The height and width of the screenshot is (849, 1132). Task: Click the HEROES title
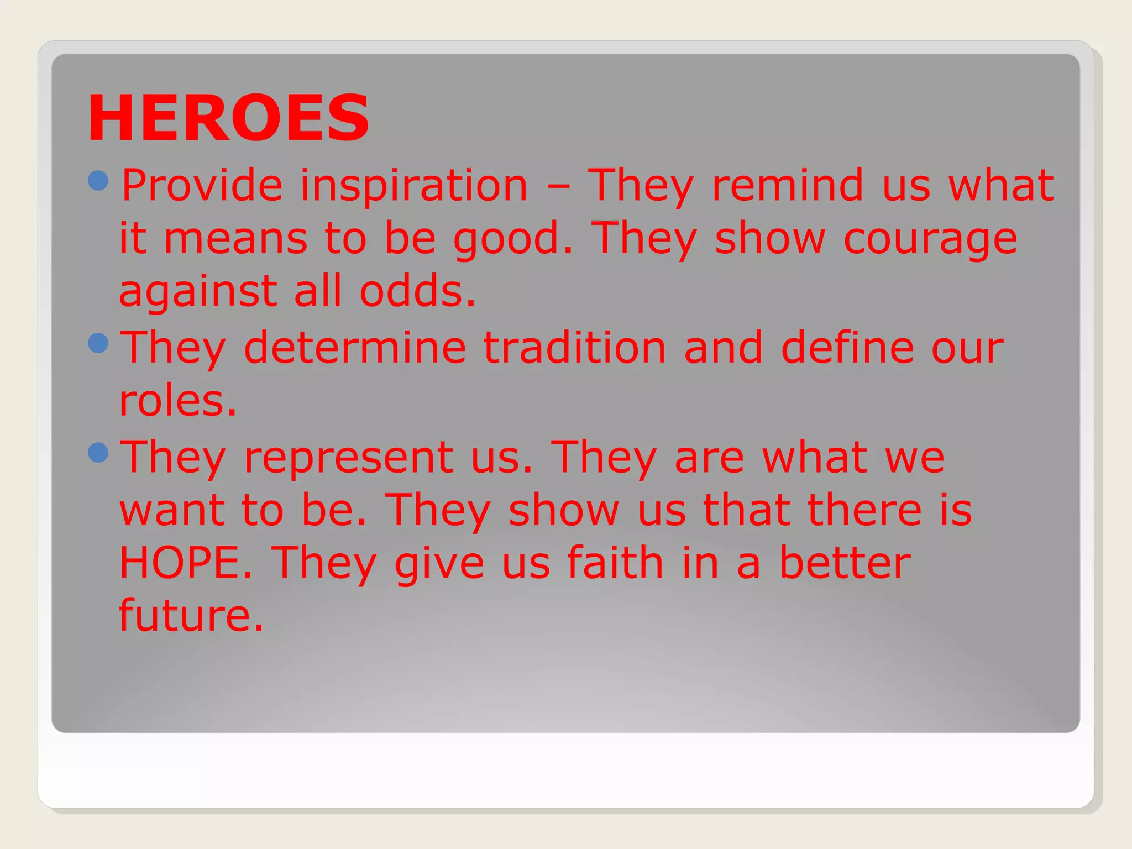pyautogui.click(x=228, y=118)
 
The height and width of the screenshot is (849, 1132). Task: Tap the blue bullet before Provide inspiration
pyautogui.click(x=98, y=181)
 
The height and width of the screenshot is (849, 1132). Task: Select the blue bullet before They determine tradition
pyautogui.click(x=98, y=343)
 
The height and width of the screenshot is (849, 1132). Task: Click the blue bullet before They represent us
pyautogui.click(x=98, y=453)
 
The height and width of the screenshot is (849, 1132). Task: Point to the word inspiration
pyautogui.click(x=414, y=185)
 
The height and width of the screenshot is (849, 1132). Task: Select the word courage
pyautogui.click(x=930, y=239)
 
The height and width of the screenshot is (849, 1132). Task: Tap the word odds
pyautogui.click(x=417, y=291)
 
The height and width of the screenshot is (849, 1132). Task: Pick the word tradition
pyautogui.click(x=575, y=348)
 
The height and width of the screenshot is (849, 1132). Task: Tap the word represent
pyautogui.click(x=349, y=457)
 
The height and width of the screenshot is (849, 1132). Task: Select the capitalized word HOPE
pyautogui.click(x=186, y=563)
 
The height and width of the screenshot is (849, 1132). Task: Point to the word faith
pyautogui.click(x=615, y=563)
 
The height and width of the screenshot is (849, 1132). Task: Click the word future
pyautogui.click(x=191, y=615)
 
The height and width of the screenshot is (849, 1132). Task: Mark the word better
pyautogui.click(x=845, y=563)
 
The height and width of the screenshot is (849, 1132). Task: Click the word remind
pyautogui.click(x=788, y=185)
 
